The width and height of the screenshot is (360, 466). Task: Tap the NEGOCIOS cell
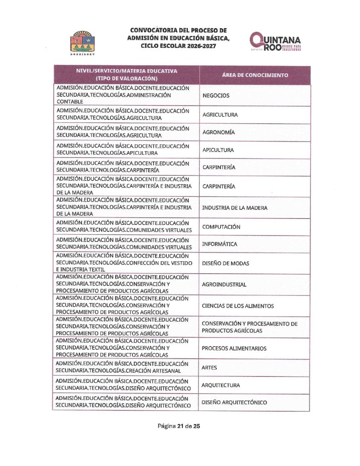pos(216,96)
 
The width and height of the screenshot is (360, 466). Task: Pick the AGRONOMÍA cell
pos(218,132)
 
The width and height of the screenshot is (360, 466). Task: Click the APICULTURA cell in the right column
pos(218,150)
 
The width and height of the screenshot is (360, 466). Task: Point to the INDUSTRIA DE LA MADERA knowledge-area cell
pos(235,208)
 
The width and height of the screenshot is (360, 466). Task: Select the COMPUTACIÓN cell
pos(221,227)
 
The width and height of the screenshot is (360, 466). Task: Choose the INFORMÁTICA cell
pos(219,244)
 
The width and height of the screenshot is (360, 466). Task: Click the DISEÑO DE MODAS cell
pos(226,263)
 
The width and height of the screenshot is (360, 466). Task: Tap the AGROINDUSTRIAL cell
pos(224,284)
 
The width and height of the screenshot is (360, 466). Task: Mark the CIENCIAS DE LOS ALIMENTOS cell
pos(238,306)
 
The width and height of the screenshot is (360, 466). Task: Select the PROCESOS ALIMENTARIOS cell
pos(234,348)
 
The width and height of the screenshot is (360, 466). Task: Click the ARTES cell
pos(209,367)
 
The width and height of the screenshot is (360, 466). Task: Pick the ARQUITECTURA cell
pos(221,385)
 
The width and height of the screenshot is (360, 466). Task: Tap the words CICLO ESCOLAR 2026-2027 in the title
pos(178,46)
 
